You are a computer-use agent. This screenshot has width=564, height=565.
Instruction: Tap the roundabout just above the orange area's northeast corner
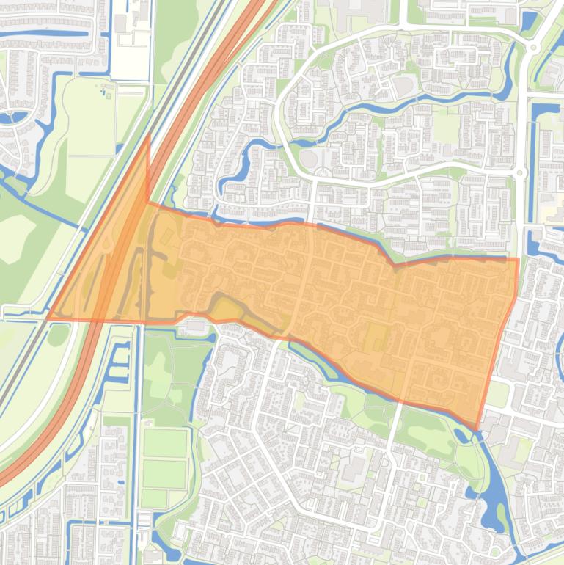click(x=520, y=173)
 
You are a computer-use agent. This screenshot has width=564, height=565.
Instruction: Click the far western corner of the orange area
click(x=49, y=317)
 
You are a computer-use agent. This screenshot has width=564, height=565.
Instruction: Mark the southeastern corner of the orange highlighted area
click(x=477, y=429)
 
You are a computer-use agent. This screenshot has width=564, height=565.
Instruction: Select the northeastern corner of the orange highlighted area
click(x=518, y=259)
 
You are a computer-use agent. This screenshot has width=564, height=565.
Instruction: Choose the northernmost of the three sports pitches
click(x=164, y=443)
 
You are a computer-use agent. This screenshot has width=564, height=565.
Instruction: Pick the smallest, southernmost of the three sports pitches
click(x=154, y=498)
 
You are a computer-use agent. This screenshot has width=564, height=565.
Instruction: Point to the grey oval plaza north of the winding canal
click(x=309, y=158)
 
